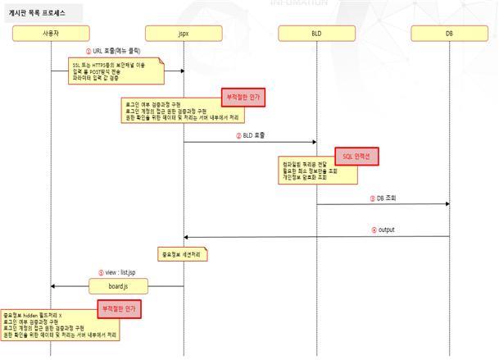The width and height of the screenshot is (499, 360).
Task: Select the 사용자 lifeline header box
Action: point(50,33)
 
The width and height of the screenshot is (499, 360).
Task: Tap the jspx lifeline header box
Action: point(183,33)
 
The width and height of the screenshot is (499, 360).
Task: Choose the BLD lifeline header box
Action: point(316,33)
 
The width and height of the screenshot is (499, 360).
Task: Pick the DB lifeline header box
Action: point(450,33)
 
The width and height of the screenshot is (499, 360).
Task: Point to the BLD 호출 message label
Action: point(254,134)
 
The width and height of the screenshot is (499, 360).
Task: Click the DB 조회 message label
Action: point(386,197)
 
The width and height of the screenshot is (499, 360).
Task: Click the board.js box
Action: point(117,286)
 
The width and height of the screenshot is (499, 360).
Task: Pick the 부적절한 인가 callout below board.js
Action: point(117,308)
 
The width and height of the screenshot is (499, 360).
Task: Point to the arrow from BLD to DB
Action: point(383,204)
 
